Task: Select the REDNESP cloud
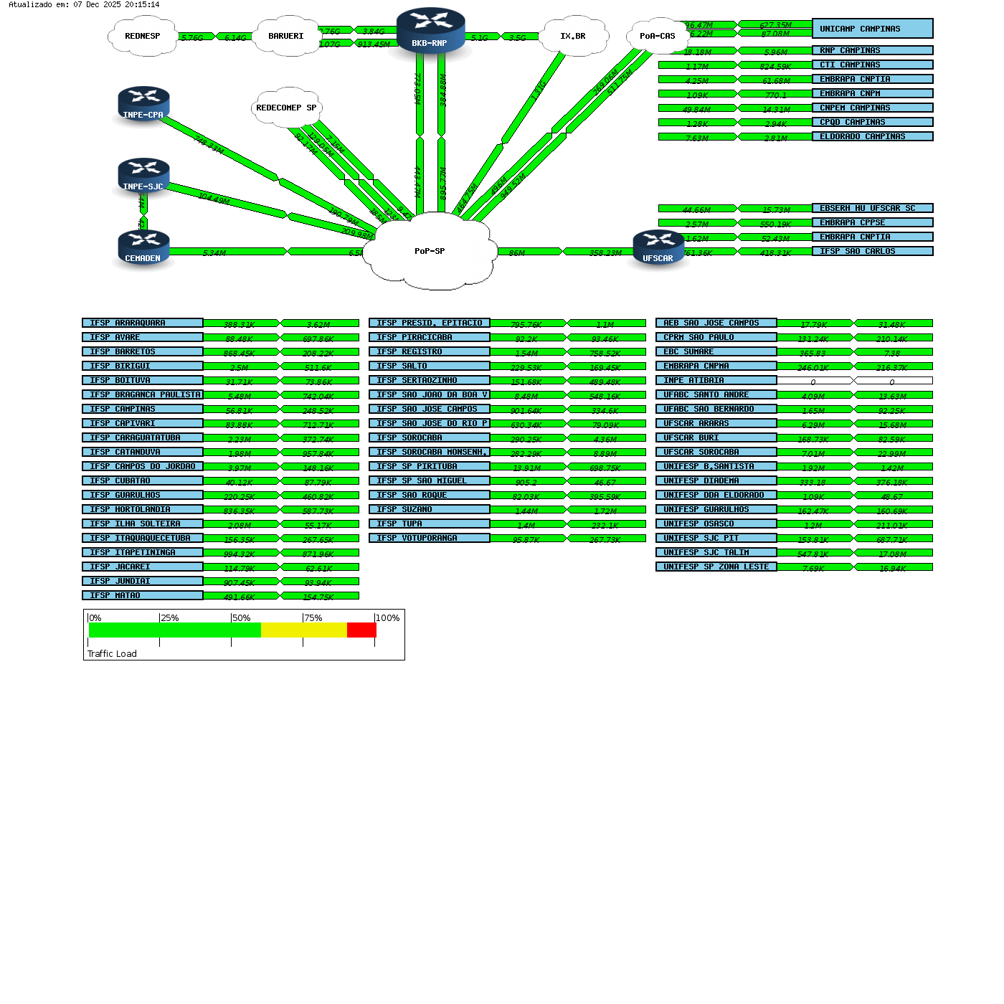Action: [143, 36]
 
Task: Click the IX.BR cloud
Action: [573, 36]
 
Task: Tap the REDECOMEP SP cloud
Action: [286, 108]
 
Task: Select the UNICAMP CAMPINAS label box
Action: [872, 29]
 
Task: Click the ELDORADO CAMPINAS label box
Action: [872, 136]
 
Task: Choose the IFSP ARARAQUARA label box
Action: [142, 323]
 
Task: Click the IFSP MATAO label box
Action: [142, 595]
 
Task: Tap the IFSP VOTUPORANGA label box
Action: [429, 538]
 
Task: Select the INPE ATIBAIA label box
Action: [716, 380]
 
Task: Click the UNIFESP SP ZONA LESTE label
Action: [716, 567]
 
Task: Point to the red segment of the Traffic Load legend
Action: [361, 630]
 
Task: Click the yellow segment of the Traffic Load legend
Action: [304, 630]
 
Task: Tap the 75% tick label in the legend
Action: [313, 618]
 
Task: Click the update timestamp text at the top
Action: [84, 4]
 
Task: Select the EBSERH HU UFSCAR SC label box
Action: [872, 208]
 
